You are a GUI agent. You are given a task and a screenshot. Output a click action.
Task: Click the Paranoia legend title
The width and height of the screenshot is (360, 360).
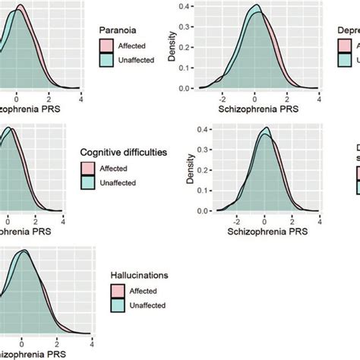point(118,30)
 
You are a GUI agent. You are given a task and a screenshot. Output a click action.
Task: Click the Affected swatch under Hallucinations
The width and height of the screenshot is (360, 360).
point(118,290)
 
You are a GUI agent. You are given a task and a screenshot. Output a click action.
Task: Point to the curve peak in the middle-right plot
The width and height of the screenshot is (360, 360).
point(265,128)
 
